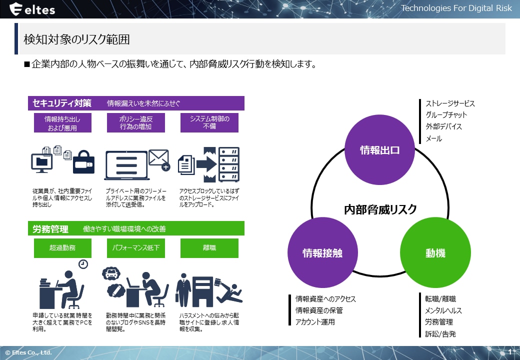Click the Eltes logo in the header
click(32, 9)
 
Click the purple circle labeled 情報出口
click(380, 150)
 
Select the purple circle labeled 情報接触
click(323, 253)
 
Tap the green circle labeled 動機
click(435, 253)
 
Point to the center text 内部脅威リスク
click(380, 209)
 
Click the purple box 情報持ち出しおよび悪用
click(62, 123)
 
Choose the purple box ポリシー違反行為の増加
click(135, 123)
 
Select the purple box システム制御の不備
click(209, 123)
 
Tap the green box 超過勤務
click(62, 248)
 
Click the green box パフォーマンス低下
click(135, 248)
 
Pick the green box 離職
click(209, 248)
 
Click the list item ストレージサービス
click(450, 104)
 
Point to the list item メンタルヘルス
click(443, 310)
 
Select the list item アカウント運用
click(315, 322)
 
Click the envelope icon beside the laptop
click(159, 159)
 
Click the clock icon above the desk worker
click(83, 263)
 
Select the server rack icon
click(229, 164)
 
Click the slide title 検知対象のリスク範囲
click(77, 39)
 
